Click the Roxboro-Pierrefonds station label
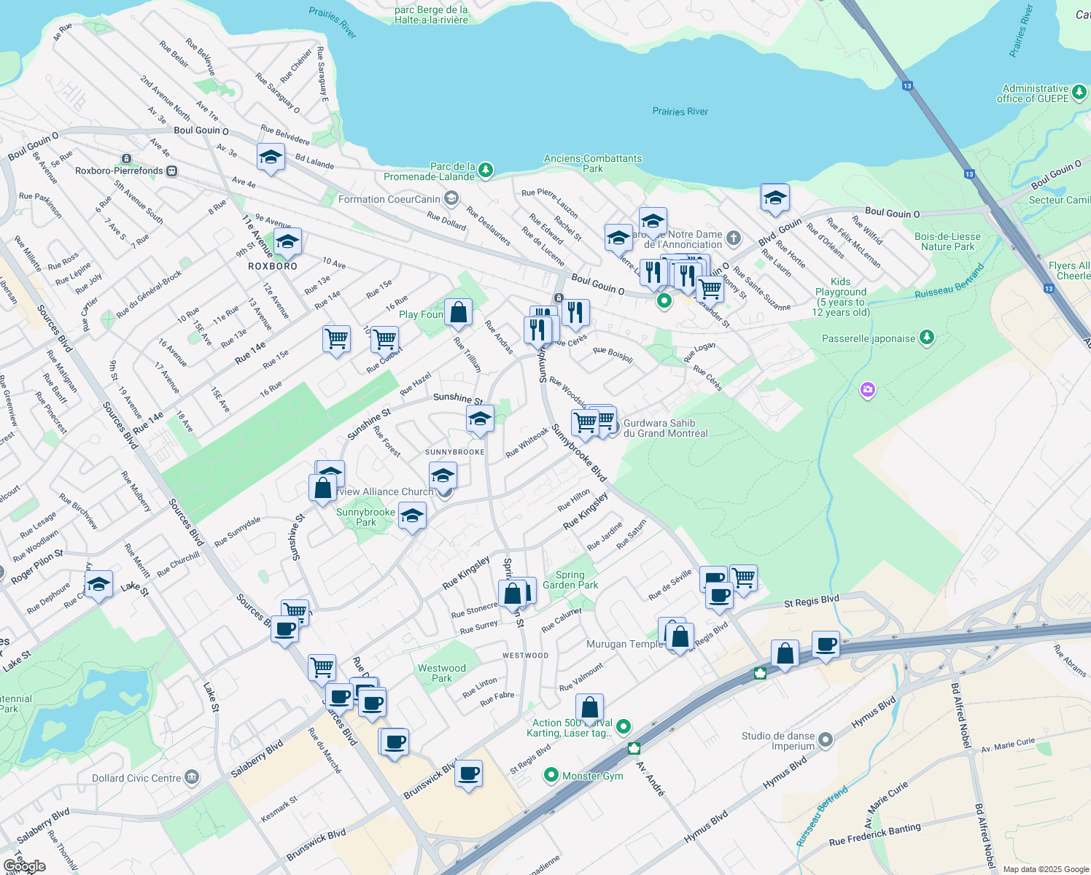pos(119,171)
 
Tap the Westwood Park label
pos(441,673)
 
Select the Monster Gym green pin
pos(551,775)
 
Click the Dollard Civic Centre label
pos(136,778)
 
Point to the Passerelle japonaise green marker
pos(926,337)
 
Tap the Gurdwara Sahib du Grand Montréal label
pos(665,428)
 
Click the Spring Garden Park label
pos(570,580)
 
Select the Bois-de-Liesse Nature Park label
pos(947,241)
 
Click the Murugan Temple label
pos(625,644)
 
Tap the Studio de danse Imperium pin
pos(825,740)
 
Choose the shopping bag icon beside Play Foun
pos(459,313)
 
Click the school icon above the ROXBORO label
pos(287,242)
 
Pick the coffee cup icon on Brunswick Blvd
pos(469,773)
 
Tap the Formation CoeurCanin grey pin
pos(451,198)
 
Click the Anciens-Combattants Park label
pos(593,163)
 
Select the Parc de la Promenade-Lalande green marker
pos(485,171)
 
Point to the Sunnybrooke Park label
pos(365,517)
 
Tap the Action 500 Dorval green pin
pos(623,726)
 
